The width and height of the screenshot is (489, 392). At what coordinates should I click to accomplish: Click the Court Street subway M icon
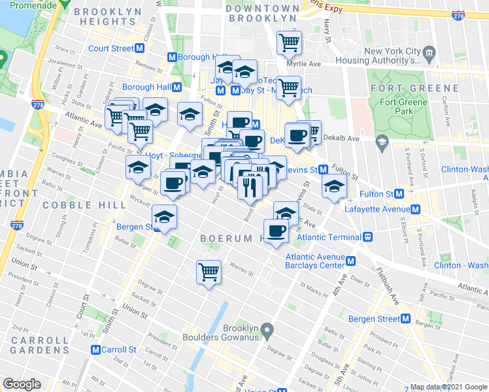[x=140, y=48]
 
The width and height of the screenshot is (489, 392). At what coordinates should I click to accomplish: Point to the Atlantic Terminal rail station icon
[x=368, y=237]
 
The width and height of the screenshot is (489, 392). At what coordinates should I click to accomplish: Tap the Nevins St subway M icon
[x=323, y=170]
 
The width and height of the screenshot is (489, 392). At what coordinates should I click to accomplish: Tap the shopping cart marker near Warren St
[x=209, y=271]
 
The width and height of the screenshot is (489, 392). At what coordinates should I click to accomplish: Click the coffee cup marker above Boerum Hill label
[x=276, y=231]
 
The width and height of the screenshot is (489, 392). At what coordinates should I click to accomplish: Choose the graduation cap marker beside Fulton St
[x=334, y=186]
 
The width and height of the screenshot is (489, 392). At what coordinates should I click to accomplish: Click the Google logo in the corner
[x=22, y=384]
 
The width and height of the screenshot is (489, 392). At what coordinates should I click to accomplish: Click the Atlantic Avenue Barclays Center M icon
[x=351, y=261]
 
